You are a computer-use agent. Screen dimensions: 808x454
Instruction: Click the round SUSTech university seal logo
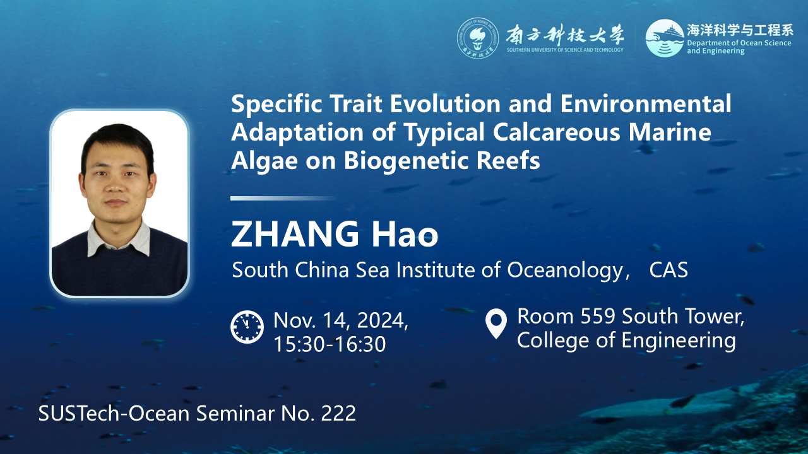click(478, 38)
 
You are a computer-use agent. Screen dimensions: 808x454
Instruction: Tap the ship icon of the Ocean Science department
click(665, 38)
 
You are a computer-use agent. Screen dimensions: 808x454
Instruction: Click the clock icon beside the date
click(247, 327)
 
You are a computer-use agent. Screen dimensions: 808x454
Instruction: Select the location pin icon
click(496, 323)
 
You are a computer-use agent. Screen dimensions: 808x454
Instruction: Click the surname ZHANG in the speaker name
click(295, 234)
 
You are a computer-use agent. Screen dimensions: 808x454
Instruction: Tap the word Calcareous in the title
click(557, 132)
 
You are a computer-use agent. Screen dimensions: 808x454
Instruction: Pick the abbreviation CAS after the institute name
click(668, 270)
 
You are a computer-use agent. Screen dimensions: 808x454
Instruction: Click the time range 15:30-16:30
click(330, 344)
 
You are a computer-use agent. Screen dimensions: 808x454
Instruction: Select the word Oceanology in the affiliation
click(565, 271)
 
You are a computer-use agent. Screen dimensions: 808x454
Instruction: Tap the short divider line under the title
click(283, 198)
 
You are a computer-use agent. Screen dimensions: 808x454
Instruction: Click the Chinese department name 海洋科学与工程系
click(739, 30)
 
